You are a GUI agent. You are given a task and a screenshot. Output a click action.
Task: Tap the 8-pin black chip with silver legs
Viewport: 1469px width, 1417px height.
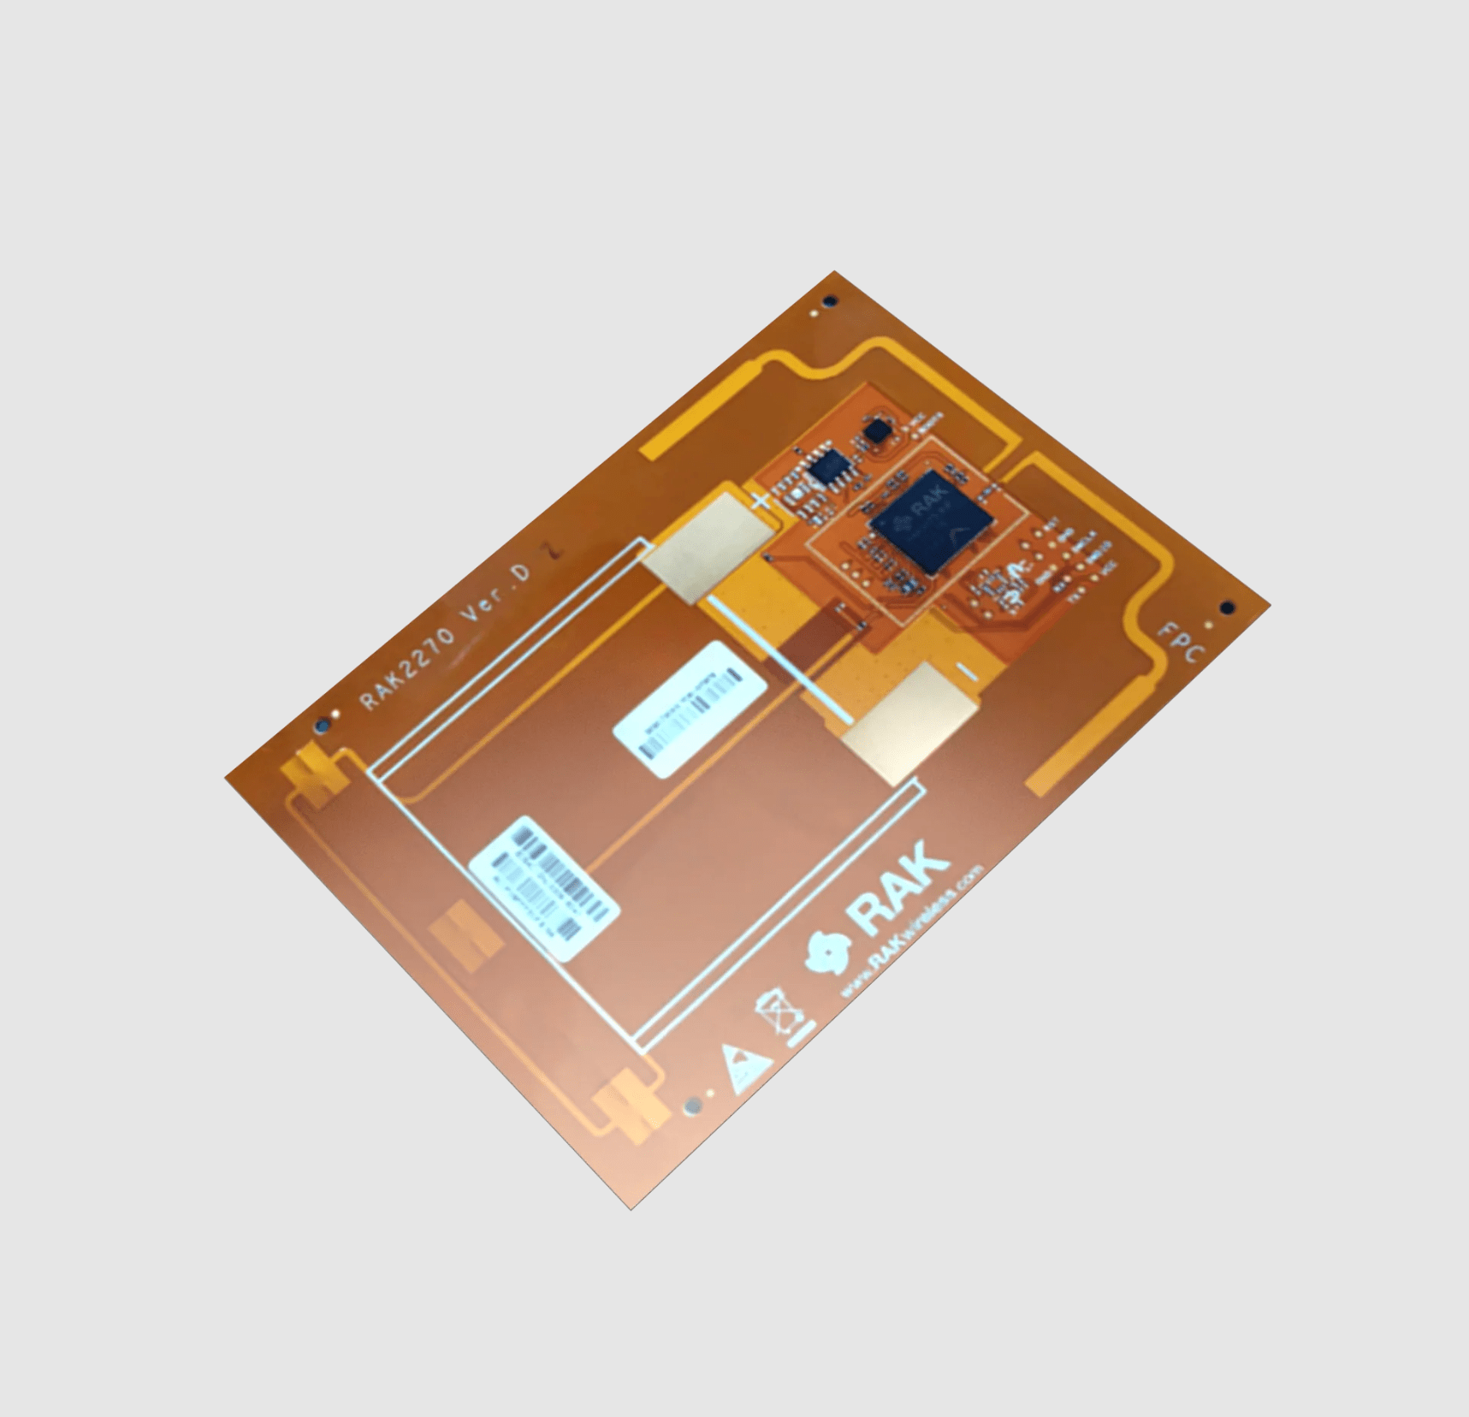pos(827,468)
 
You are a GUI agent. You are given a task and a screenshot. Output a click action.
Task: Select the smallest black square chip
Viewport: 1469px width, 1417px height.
pos(876,430)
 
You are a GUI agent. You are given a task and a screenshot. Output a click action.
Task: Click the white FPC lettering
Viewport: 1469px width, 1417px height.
pos(1182,642)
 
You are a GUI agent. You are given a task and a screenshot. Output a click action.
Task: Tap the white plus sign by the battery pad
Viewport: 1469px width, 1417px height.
pos(760,501)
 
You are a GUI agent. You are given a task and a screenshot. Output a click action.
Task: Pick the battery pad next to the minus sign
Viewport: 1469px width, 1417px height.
pos(910,723)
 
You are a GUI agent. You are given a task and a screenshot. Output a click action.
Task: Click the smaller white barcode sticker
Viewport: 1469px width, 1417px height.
pos(690,709)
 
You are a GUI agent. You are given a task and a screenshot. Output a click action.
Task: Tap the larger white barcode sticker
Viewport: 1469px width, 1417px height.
pos(544,888)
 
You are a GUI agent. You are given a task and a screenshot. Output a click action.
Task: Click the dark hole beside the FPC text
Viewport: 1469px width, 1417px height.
pos(1227,608)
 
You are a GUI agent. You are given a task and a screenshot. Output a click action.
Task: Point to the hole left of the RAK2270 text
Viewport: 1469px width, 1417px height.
pos(323,725)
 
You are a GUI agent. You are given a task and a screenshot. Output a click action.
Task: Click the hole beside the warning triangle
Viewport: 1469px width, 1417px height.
pos(692,1107)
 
